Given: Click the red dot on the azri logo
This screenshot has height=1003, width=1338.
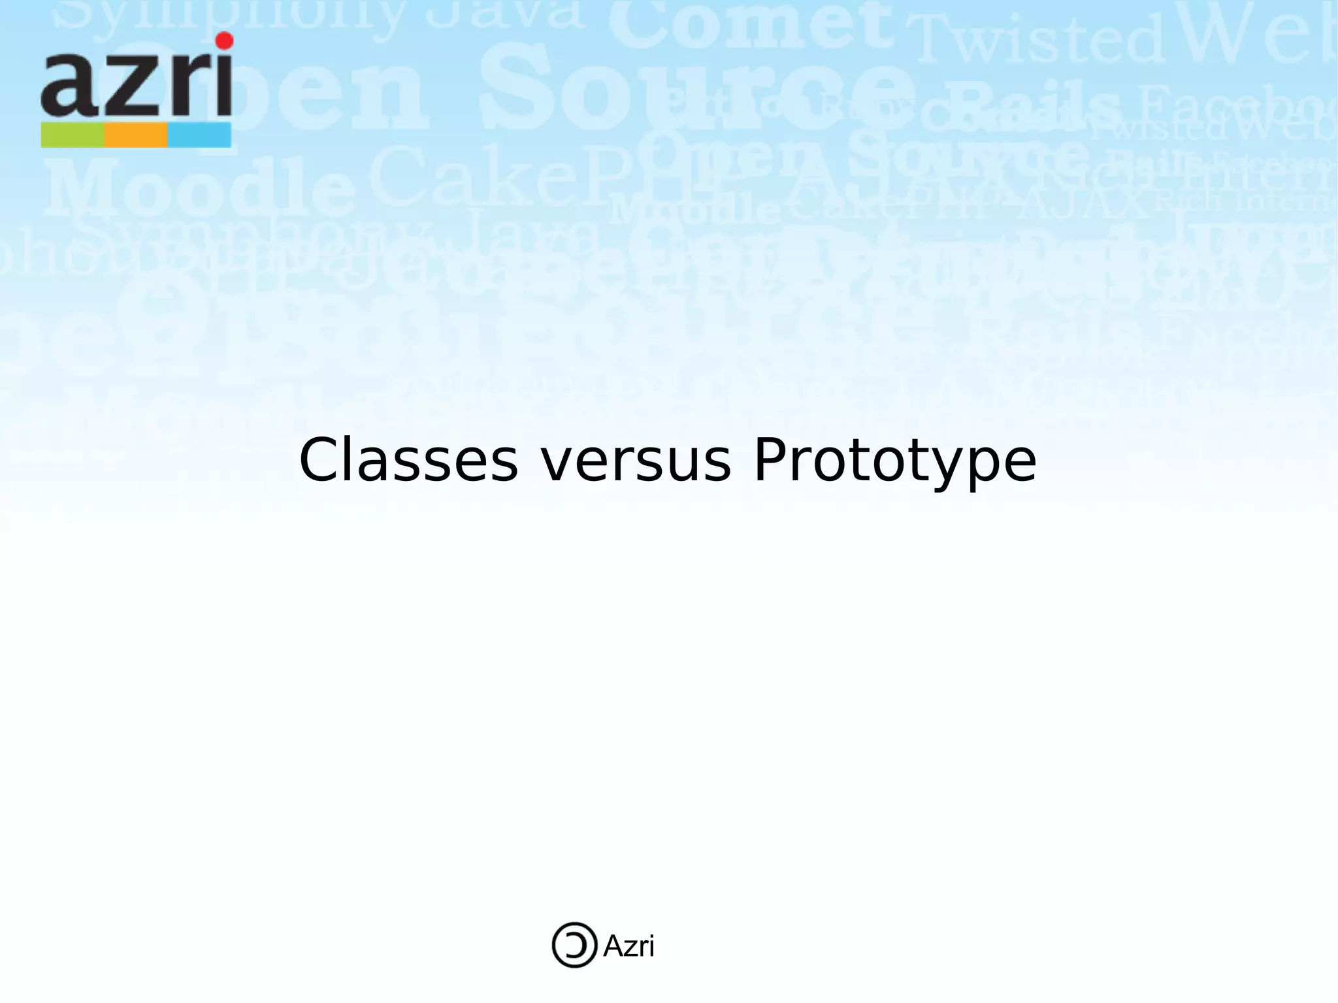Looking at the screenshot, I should click(224, 41).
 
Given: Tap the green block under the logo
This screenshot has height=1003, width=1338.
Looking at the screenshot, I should click(73, 135).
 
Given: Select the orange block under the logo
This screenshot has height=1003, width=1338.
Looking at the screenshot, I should click(136, 135).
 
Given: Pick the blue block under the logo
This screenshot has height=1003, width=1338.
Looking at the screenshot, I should click(199, 135).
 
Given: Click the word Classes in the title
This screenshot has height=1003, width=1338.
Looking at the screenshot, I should click(408, 461).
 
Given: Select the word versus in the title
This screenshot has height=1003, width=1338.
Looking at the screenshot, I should click(636, 461).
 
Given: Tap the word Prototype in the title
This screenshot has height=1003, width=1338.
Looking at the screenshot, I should click(894, 461).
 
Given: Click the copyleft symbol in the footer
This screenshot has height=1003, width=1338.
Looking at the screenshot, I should click(574, 945).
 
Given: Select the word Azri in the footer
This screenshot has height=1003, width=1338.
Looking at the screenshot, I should click(628, 946).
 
